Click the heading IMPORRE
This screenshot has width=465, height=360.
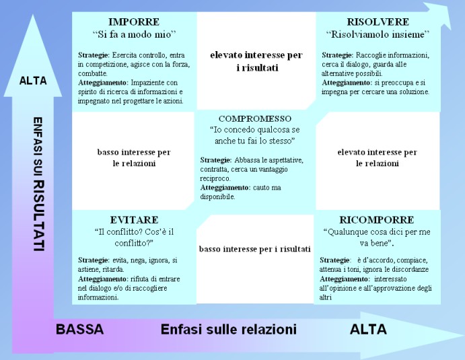coord(134,22)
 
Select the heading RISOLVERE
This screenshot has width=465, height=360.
coord(378,22)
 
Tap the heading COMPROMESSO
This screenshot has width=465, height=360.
coord(255,118)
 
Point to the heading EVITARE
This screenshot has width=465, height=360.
coord(134,220)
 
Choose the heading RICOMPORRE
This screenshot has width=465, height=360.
coord(377,220)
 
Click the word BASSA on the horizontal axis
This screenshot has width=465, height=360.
coord(80,329)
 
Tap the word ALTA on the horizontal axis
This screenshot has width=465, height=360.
coord(368,329)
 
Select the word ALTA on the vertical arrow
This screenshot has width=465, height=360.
coord(33,81)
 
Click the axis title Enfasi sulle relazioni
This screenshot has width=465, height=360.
coord(229,329)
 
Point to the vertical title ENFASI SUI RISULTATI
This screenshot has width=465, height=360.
coord(38,184)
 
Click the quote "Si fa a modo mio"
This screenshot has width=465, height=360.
coord(134,34)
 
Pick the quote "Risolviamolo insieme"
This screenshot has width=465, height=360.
coord(378,34)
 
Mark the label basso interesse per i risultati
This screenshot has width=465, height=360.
coord(255,249)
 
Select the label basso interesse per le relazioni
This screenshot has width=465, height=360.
coord(134,157)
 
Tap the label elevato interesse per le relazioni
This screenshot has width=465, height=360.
coord(378,157)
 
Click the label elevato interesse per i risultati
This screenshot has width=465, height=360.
coord(256,61)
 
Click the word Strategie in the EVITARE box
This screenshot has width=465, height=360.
coord(94,260)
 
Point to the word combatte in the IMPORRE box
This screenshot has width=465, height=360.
coord(92,73)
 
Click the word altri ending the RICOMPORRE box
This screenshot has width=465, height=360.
coord(325,297)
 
